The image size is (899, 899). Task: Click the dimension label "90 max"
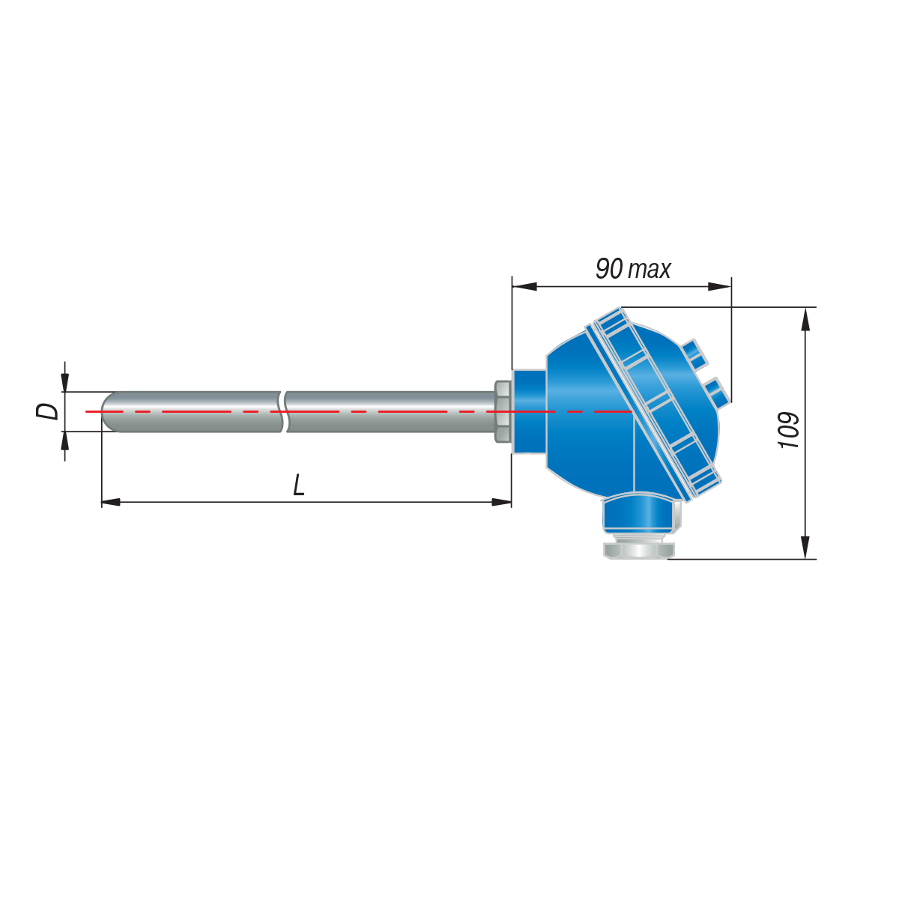pyautogui.click(x=632, y=269)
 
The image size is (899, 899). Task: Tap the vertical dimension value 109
pyautogui.click(x=789, y=430)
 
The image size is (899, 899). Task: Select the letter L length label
pyautogui.click(x=299, y=485)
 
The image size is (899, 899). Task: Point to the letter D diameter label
pyautogui.click(x=48, y=411)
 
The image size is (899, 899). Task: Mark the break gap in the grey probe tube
pyautogui.click(x=283, y=411)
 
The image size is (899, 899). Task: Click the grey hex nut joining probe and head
pyautogui.click(x=503, y=411)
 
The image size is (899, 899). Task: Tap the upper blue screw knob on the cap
pyautogui.click(x=694, y=354)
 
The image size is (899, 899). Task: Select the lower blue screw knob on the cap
pyautogui.click(x=716, y=394)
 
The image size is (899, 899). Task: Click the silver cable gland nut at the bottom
pyautogui.click(x=639, y=551)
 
